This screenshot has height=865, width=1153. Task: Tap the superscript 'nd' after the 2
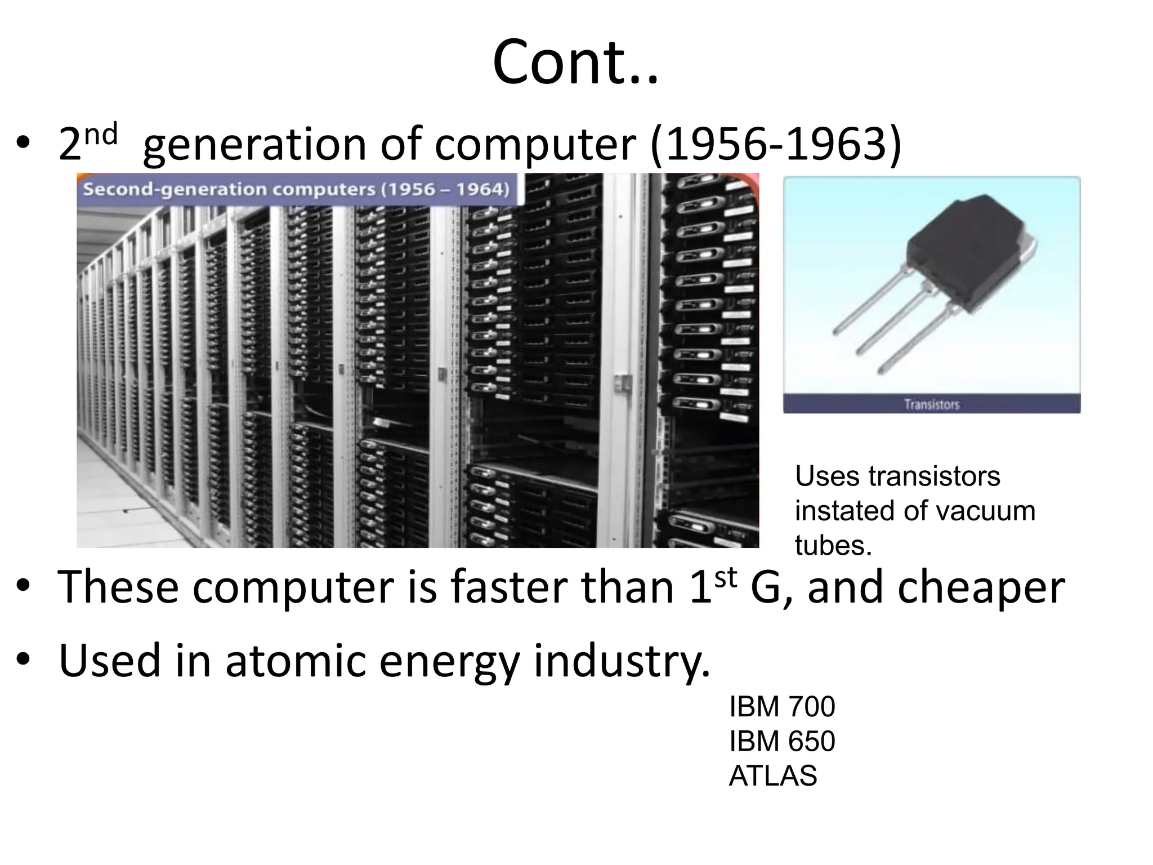[x=101, y=134]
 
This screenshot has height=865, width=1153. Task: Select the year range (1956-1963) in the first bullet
[x=775, y=144]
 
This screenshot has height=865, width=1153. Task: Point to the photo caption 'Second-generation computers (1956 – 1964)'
[x=296, y=189]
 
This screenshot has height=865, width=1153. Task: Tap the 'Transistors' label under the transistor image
[x=931, y=404]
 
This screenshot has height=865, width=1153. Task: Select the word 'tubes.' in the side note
[x=833, y=545]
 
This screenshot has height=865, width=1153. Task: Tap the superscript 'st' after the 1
[x=725, y=578]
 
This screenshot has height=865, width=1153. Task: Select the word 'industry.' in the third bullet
[x=622, y=661]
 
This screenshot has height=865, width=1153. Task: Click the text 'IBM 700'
[x=781, y=707]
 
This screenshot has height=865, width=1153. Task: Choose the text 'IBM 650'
[x=781, y=741]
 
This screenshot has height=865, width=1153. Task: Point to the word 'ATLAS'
[x=772, y=776]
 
